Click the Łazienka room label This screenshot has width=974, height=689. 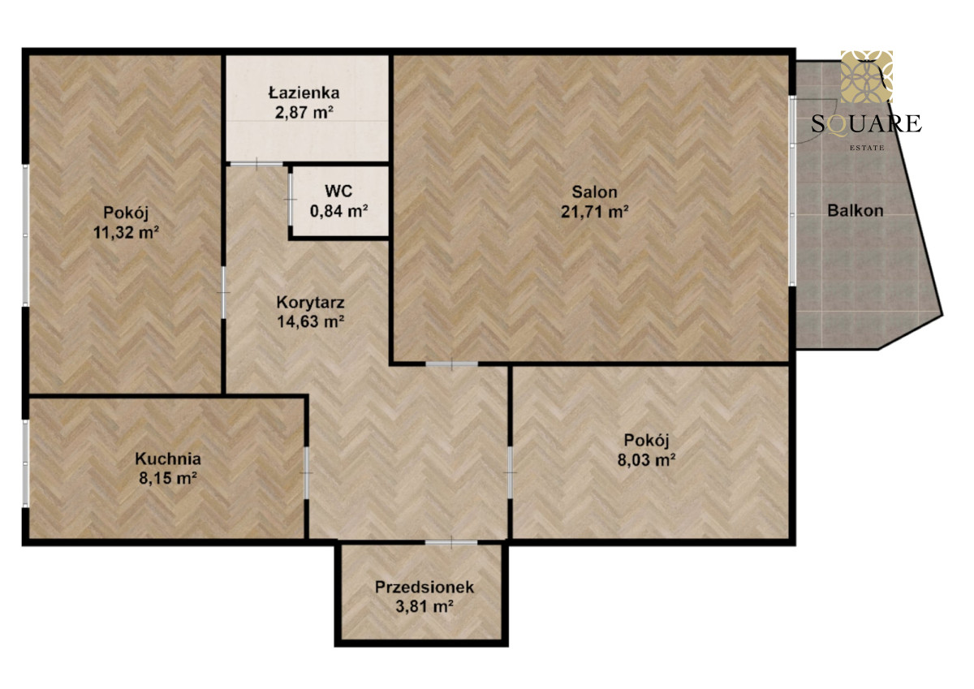[x=304, y=93]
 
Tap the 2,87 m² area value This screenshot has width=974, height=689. [x=304, y=113]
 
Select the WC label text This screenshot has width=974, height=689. [x=338, y=192]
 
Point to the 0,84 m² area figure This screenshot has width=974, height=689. [x=339, y=211]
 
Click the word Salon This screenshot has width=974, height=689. [x=594, y=192]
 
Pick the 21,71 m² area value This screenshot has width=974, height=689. [x=594, y=212]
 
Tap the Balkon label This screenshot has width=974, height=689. [x=855, y=210]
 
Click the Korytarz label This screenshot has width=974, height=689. [x=310, y=302]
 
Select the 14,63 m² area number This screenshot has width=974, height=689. [x=310, y=321]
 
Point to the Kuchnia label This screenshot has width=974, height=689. [x=168, y=459]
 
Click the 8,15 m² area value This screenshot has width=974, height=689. [x=168, y=478]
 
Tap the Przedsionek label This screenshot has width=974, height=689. [x=425, y=587]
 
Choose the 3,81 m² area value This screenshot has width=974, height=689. [x=425, y=606]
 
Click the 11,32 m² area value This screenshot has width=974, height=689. [x=126, y=232]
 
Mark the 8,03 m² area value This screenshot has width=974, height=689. [x=646, y=459]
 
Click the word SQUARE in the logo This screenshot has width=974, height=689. [x=866, y=124]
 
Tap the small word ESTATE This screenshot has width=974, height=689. [x=867, y=148]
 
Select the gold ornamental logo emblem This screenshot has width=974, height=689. [x=867, y=76]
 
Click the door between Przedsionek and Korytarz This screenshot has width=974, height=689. [x=451, y=542]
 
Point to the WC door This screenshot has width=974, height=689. [x=290, y=200]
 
